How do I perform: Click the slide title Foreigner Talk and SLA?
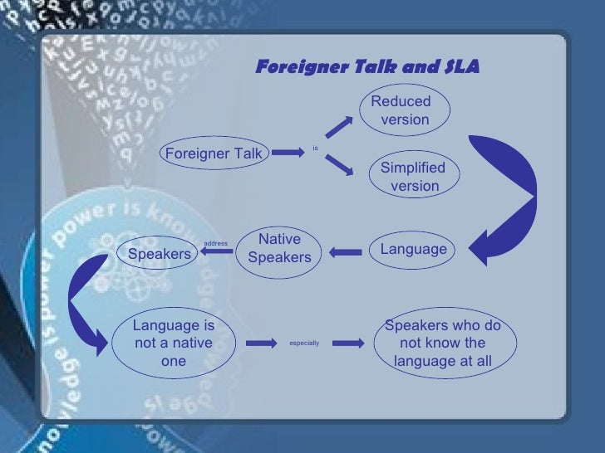click(366, 67)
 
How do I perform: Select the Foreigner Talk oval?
click(214, 153)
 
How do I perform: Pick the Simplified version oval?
click(413, 177)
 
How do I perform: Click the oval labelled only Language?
click(413, 250)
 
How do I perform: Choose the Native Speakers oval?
click(279, 249)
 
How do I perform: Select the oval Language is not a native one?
click(173, 343)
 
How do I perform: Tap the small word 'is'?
click(315, 149)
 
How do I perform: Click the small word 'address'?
click(215, 243)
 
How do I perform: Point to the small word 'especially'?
click(304, 343)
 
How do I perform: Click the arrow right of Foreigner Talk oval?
click(287, 153)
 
